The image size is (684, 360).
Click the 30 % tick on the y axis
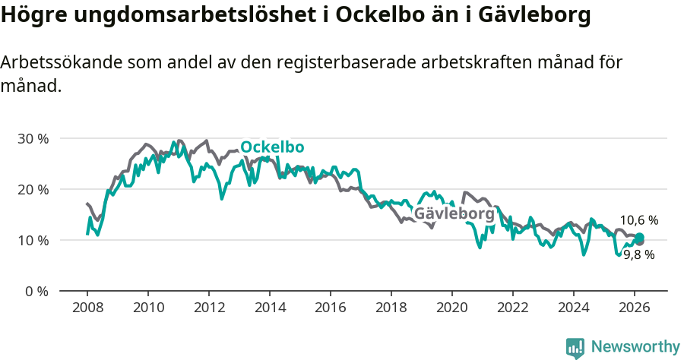[x=33, y=139]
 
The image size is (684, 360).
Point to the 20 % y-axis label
[x=33, y=190]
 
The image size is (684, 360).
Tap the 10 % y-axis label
[x=33, y=241]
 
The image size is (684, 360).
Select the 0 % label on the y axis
[x=36, y=292]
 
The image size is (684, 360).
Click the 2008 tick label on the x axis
[x=87, y=308]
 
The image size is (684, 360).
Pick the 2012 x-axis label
[x=209, y=308]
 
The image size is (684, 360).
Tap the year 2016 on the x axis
[x=331, y=308]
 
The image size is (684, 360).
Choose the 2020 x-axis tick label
[x=452, y=308]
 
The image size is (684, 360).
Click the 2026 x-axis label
[x=635, y=308]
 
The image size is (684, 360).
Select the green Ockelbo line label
[x=272, y=147]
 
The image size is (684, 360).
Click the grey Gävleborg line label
[x=454, y=214]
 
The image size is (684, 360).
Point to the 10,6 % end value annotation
[x=638, y=220]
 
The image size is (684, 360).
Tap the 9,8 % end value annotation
[x=638, y=255]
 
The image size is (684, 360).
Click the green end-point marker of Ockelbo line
[x=640, y=238]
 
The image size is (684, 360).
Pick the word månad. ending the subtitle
[x=30, y=87]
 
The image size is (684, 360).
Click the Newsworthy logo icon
[x=575, y=347]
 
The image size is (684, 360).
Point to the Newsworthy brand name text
[x=635, y=347]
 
